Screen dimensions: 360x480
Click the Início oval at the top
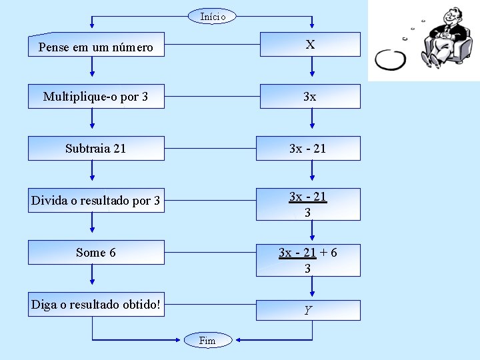pos(212,15)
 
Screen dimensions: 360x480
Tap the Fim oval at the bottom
pos(208,341)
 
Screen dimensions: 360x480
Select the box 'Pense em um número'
pos(96,45)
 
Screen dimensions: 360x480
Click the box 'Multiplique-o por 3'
pos(96,97)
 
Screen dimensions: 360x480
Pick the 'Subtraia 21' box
pos(96,148)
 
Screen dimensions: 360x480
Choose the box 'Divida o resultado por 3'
pos(96,200)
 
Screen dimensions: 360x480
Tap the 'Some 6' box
pos(96,252)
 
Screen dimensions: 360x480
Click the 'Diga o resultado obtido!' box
pos(96,304)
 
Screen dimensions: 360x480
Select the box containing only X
pos(309,45)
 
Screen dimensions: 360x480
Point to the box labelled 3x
pos(309,97)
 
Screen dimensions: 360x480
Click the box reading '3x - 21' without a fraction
pos(309,148)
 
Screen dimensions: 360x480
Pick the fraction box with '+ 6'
pos(309,260)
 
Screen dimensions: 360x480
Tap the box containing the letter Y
pos(309,310)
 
